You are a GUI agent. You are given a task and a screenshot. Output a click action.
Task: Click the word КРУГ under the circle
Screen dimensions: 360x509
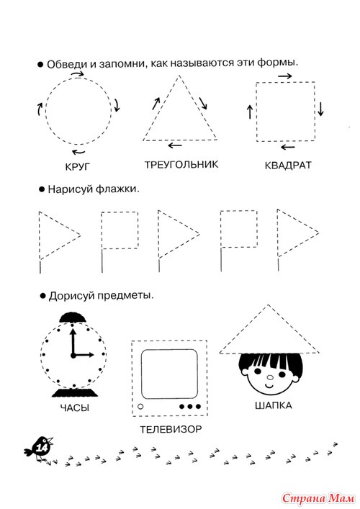tap(77, 167)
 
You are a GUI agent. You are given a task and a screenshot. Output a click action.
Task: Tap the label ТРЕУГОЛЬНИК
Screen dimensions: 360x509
tap(181, 165)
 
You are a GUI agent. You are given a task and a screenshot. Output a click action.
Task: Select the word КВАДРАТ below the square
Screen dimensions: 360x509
tap(288, 166)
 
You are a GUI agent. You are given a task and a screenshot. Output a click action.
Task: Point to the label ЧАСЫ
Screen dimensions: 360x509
tap(75, 407)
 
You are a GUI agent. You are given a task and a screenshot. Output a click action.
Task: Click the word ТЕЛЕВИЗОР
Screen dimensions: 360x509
tap(171, 429)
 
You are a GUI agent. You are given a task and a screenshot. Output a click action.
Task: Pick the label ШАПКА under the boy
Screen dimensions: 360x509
tap(274, 405)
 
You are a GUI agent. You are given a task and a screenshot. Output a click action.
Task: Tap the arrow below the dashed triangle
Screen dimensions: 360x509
tap(175, 145)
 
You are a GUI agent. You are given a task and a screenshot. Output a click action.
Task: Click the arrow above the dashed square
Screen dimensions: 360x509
tap(284, 76)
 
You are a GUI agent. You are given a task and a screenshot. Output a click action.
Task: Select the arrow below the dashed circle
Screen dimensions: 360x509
tap(78, 152)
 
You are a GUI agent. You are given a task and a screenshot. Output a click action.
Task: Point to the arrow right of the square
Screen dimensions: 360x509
tap(320, 109)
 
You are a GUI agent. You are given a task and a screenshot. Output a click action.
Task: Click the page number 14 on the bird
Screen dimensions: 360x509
tap(42, 449)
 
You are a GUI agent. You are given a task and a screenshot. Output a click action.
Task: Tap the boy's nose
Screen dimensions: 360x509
tap(270, 377)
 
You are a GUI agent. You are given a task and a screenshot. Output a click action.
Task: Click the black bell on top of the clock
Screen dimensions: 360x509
tap(73, 317)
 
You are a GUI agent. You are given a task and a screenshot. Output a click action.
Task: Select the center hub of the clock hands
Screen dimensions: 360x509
tap(73, 356)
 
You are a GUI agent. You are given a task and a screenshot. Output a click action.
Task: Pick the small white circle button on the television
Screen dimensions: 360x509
tap(140, 406)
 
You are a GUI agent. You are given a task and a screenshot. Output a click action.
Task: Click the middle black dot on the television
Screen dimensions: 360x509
tap(190, 406)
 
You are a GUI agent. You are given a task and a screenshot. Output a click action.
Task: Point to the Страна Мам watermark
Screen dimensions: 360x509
tap(318, 498)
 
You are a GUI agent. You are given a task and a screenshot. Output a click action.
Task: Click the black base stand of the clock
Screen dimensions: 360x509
tap(75, 392)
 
